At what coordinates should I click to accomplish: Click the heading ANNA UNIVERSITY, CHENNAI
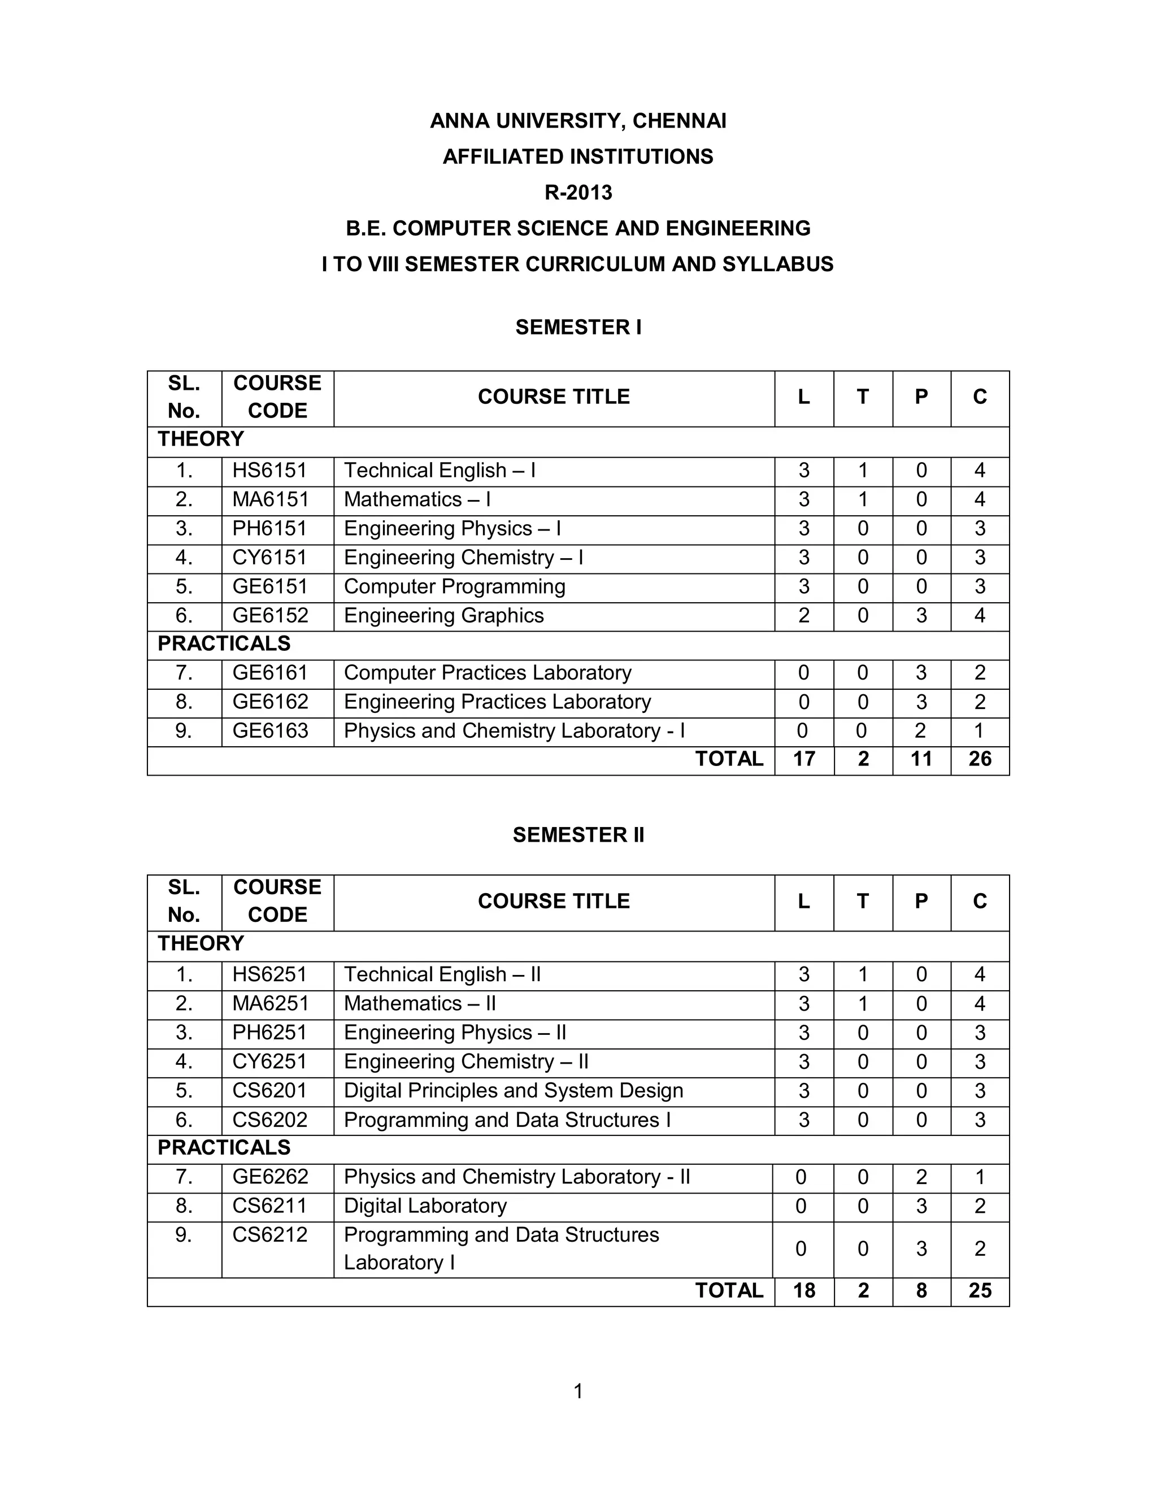click(x=578, y=121)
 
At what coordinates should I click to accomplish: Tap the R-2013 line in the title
click(x=578, y=193)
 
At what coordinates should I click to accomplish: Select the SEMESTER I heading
click(x=578, y=327)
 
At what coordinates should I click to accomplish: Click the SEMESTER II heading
click(x=578, y=834)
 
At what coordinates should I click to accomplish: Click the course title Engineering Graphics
click(x=443, y=616)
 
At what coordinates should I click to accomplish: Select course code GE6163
click(x=270, y=730)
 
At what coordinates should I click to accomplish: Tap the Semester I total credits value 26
click(x=980, y=759)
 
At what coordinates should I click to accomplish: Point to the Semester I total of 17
click(x=803, y=759)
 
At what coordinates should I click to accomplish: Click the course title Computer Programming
click(x=454, y=587)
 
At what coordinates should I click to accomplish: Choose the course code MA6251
click(x=271, y=1003)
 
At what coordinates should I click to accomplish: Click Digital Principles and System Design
click(x=514, y=1090)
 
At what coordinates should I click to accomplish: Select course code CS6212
click(x=269, y=1234)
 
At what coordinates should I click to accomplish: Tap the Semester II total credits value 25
click(x=980, y=1291)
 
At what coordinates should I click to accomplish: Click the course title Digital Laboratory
click(x=425, y=1206)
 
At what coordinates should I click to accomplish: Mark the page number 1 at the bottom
click(x=578, y=1391)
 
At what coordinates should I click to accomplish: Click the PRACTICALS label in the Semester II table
click(x=224, y=1147)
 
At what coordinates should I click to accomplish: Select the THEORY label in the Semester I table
click(x=201, y=439)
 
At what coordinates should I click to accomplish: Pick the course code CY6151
click(x=269, y=557)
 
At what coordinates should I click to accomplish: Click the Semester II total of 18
click(x=803, y=1291)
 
